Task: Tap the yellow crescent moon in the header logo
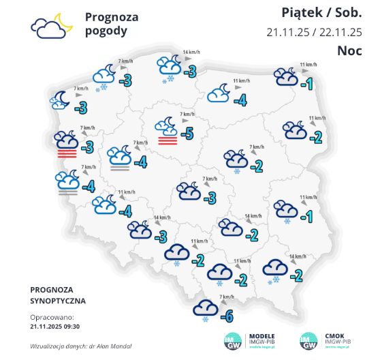point(63,20)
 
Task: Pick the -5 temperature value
point(189,132)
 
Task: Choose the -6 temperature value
point(229,316)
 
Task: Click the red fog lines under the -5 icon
point(168,140)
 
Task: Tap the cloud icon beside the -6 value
point(205,308)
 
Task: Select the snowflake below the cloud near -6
point(205,320)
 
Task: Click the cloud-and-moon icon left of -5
point(167,125)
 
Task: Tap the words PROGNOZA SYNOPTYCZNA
point(57,295)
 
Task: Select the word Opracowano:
point(51,317)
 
